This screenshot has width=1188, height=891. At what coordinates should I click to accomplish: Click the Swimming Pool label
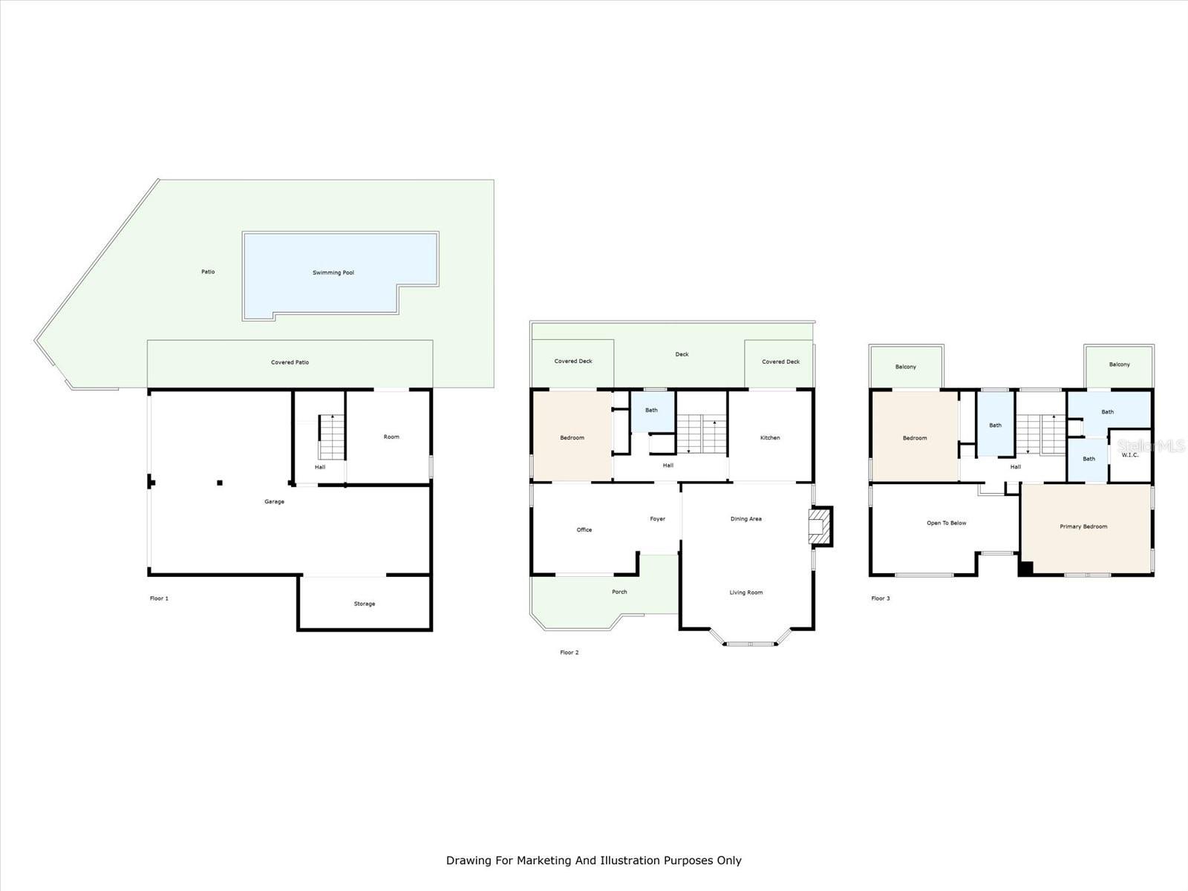click(333, 272)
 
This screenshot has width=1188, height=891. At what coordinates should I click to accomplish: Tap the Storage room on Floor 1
click(364, 604)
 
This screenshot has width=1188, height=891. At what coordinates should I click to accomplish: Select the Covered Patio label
click(290, 362)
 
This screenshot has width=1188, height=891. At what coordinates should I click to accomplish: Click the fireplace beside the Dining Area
click(819, 526)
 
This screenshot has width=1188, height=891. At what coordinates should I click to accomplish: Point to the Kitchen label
click(770, 437)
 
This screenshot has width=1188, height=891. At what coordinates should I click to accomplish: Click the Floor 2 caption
click(569, 653)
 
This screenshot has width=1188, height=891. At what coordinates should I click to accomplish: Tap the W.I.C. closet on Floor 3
click(1130, 454)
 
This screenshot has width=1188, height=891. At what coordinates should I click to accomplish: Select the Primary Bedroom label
click(1083, 526)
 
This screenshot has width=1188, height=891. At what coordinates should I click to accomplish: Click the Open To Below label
click(946, 523)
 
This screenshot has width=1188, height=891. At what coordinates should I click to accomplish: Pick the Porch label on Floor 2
click(619, 592)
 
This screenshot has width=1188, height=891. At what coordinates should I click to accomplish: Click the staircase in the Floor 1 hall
click(332, 438)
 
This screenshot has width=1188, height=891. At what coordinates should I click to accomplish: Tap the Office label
click(584, 529)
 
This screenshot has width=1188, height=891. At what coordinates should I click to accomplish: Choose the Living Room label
click(745, 593)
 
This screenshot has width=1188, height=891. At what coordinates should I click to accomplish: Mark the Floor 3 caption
click(881, 598)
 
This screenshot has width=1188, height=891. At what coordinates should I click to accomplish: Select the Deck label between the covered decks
click(682, 354)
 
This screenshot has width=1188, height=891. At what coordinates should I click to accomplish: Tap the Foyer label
click(657, 519)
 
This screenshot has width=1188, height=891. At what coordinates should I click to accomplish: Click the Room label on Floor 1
click(391, 437)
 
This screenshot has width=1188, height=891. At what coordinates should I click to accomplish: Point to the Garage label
click(274, 501)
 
